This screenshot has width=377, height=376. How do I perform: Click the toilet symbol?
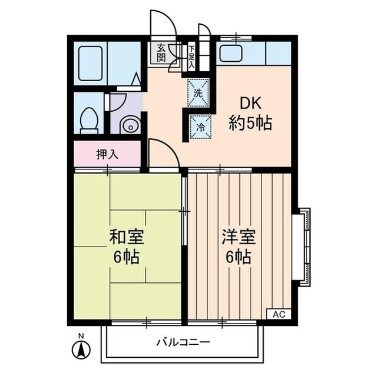tap(89, 119)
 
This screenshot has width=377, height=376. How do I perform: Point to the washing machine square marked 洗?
tap(199, 92)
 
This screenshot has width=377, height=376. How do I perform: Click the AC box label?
tap(279, 314)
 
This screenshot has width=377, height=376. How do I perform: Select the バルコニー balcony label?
tap(183, 342)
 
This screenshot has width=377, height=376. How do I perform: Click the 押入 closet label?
tap(107, 155)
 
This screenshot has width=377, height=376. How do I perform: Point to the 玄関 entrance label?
tap(161, 54)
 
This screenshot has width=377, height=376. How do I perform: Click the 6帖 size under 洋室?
tap(238, 257)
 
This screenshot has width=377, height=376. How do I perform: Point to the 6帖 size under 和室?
tap(128, 258)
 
